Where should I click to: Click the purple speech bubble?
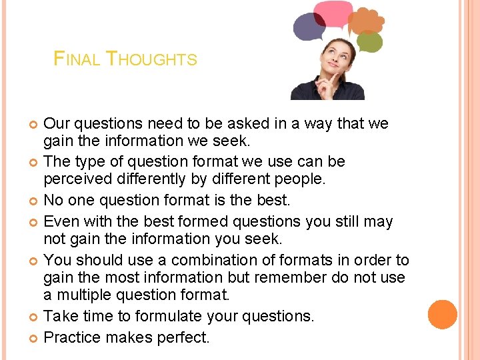pyautogui.click(x=309, y=27)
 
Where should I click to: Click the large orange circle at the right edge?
pyautogui.click(x=443, y=315)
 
